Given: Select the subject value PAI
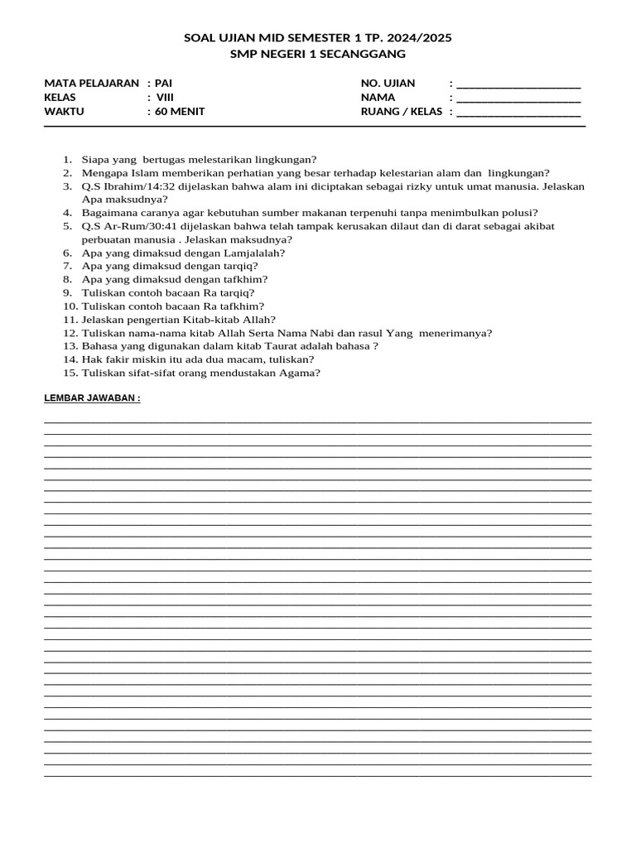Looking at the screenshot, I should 164,83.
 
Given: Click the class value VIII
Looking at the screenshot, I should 166,97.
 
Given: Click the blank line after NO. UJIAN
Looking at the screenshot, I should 518,84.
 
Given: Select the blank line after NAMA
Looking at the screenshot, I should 518,99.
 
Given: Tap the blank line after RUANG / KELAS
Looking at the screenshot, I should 518,113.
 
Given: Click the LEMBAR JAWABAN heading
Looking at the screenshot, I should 92,398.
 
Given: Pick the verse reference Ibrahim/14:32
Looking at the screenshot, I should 138,186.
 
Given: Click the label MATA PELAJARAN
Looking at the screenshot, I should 92,83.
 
